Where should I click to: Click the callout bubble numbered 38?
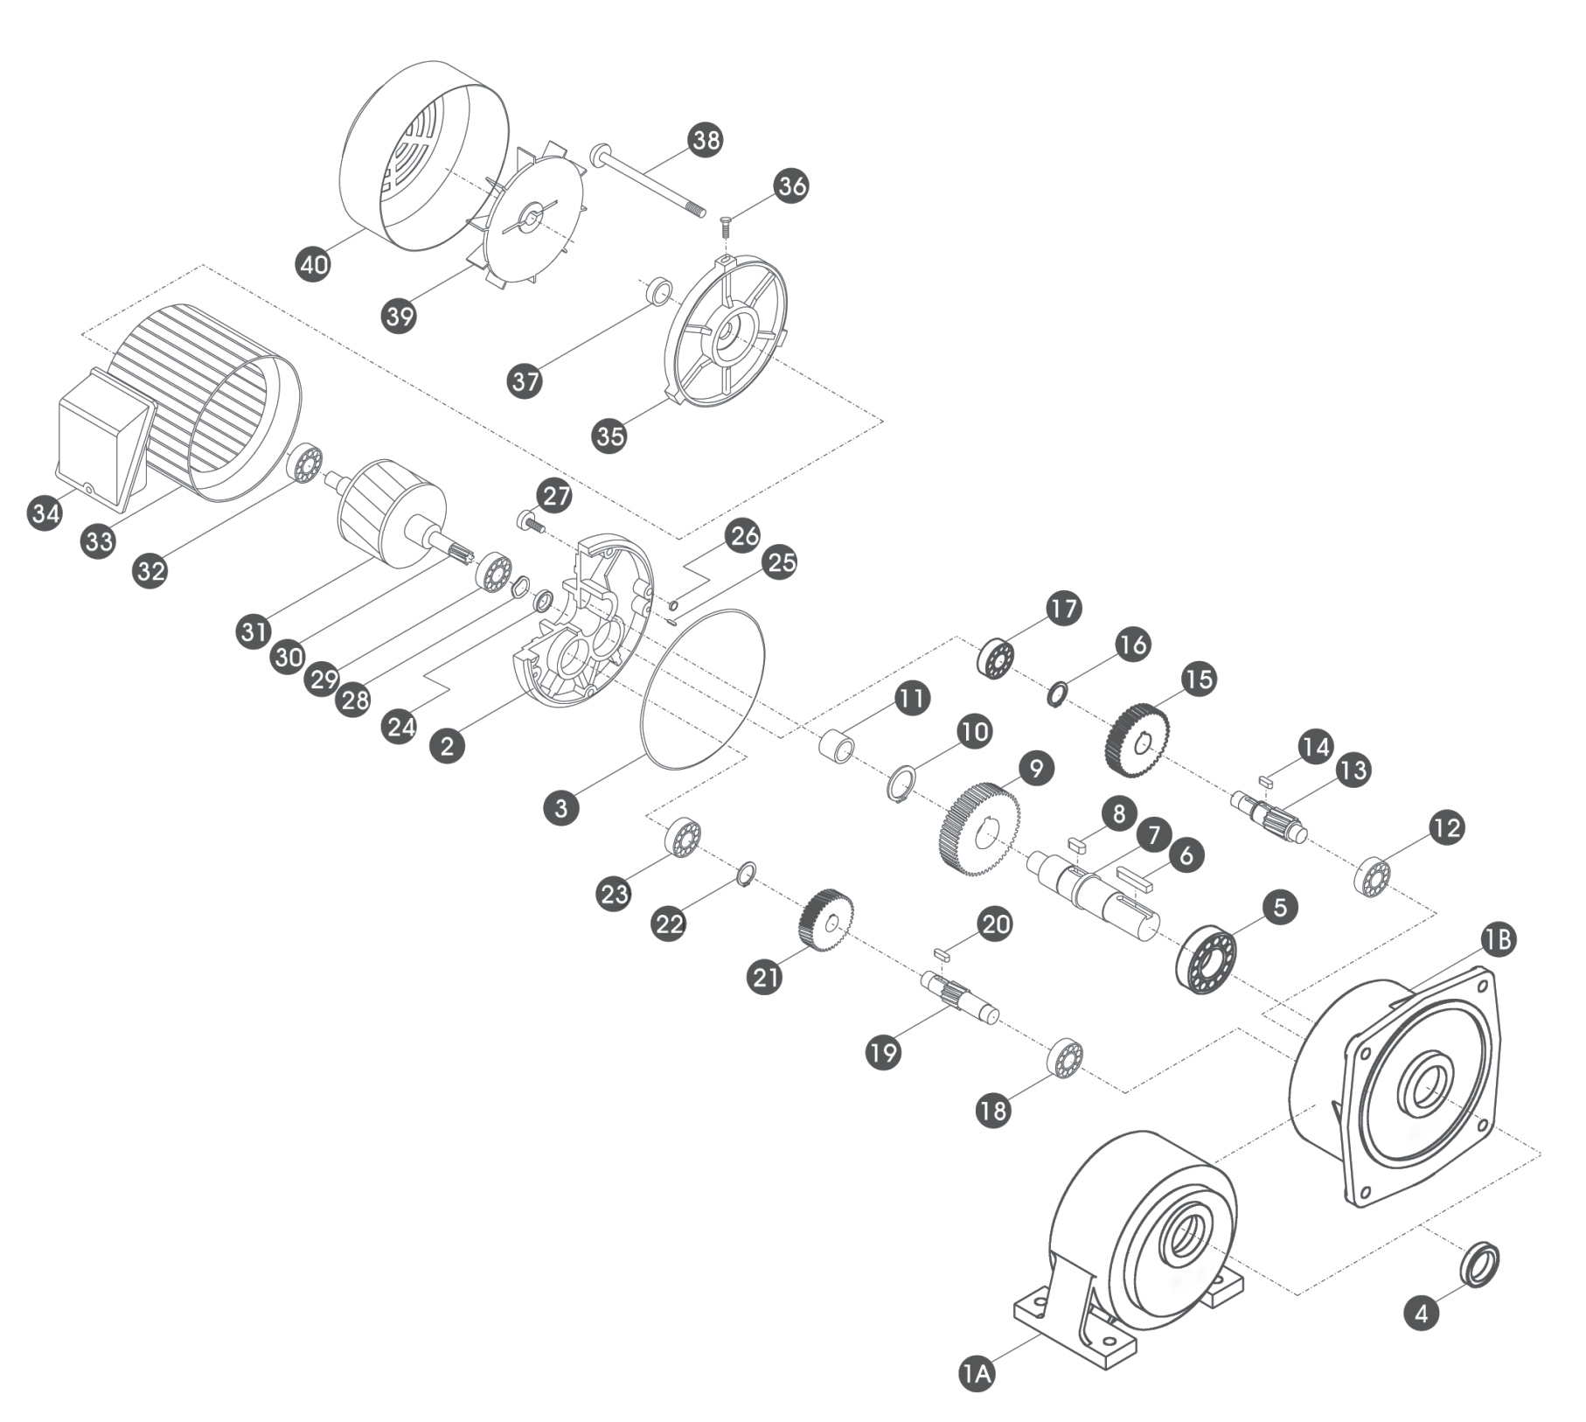tap(706, 140)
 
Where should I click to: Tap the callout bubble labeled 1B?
tap(1498, 939)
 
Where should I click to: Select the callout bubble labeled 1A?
tap(977, 1372)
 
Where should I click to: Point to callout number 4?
tap(1422, 1313)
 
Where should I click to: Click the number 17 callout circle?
tap(1064, 609)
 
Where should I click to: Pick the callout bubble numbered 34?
tap(45, 512)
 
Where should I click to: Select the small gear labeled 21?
tap(825, 919)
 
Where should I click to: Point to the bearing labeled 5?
tap(1206, 958)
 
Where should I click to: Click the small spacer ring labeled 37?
tap(660, 290)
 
